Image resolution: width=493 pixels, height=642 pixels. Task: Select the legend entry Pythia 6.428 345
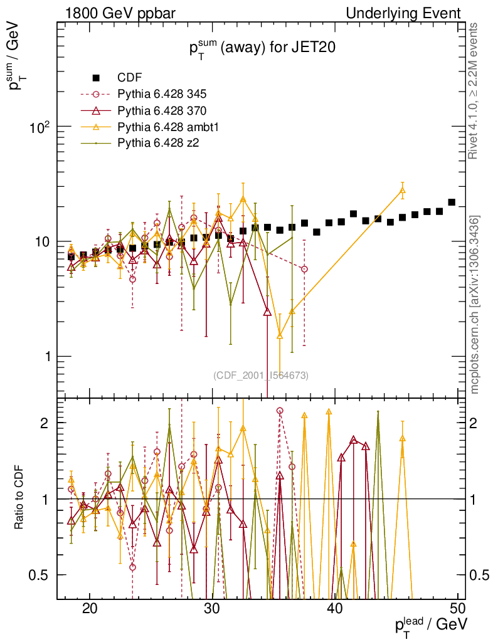tap(162, 94)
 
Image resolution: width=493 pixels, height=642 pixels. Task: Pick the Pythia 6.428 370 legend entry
tap(162, 110)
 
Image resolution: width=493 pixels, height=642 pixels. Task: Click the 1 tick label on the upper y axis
tap(44, 356)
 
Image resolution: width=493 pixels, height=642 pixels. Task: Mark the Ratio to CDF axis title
tap(19, 498)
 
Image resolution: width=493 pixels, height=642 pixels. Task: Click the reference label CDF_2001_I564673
tap(260, 375)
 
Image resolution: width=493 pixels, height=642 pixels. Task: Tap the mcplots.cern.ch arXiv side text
tap(475, 304)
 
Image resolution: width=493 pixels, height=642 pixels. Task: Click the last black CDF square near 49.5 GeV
tap(452, 203)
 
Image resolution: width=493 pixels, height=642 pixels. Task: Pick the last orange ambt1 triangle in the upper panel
tap(403, 191)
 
